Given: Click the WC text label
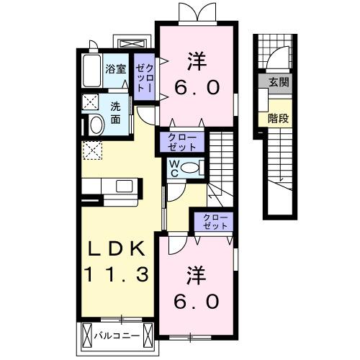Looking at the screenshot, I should click(174, 168).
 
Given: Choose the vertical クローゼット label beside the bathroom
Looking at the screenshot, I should click(143, 76).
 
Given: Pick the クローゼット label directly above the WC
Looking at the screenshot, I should click(182, 141).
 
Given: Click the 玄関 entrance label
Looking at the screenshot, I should click(279, 83).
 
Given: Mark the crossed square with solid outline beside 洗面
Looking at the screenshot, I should click(91, 101).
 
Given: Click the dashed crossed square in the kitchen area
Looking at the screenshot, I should click(92, 150).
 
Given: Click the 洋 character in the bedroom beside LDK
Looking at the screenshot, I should click(194, 274).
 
